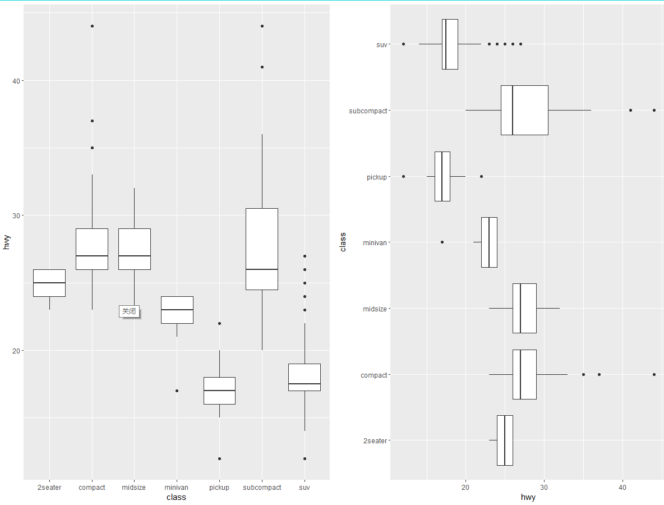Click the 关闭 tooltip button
coord(129,311)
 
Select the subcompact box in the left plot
coord(262,249)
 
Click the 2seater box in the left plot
coord(49,283)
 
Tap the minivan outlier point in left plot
coord(177,391)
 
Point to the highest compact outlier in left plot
coord(92,26)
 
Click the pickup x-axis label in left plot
coord(219,488)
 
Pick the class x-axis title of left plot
coord(177,497)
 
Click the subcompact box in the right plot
coord(524,110)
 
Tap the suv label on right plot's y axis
coord(381,44)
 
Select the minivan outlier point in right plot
coord(442,242)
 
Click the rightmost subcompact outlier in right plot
coord(654,110)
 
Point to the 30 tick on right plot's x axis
coord(543,488)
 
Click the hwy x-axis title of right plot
coord(528,497)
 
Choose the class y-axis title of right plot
coord(343,242)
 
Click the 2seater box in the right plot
coord(505,440)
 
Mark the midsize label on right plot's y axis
coord(375,309)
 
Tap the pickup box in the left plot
coord(219,391)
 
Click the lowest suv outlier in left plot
coord(305,458)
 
